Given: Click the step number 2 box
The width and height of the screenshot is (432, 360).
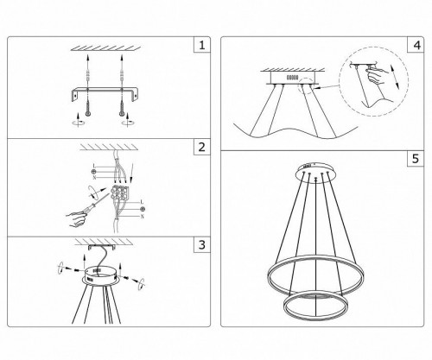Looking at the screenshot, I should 201,147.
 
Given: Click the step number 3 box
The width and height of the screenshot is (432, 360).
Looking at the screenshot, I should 201,245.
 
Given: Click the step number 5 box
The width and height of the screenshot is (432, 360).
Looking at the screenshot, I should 416,159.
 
